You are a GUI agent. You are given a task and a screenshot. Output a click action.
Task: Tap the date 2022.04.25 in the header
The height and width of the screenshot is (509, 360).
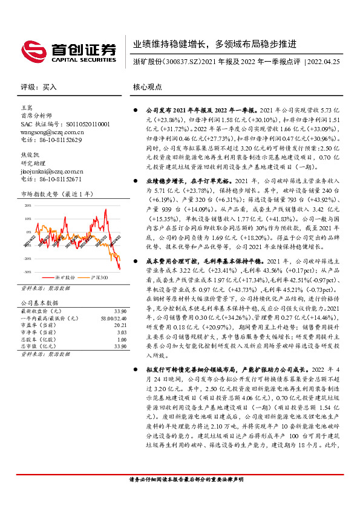point(327,62)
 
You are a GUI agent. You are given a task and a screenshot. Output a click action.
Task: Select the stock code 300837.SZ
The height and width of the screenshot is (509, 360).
point(180,62)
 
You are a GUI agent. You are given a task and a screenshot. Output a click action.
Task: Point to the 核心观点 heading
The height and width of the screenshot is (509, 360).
point(148,87)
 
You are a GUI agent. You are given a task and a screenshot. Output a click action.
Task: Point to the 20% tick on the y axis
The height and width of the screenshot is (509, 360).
point(28,205)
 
